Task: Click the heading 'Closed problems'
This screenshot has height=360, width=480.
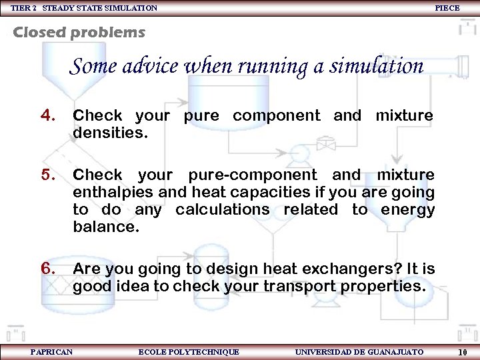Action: (x=79, y=32)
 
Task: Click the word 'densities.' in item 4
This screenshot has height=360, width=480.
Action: (x=110, y=133)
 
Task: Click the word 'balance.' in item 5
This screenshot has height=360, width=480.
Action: (x=106, y=227)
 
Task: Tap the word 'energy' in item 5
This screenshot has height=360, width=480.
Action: (x=407, y=210)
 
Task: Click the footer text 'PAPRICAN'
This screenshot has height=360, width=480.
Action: (x=52, y=352)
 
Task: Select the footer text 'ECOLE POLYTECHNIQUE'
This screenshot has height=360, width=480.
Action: (x=189, y=352)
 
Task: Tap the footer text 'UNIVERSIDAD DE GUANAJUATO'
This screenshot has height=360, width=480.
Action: (x=359, y=352)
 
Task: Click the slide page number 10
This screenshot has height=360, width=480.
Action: (x=462, y=352)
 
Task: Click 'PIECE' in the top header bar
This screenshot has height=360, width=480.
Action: (x=447, y=8)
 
